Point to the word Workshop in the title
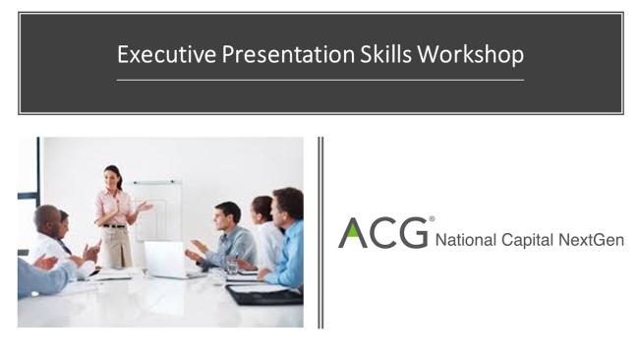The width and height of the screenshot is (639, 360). [x=470, y=54]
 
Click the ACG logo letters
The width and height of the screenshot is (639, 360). [x=383, y=233]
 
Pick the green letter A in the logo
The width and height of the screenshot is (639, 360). [x=353, y=233]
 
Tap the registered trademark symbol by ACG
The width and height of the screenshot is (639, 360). [x=432, y=219]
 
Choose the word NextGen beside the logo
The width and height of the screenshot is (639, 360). [x=594, y=239]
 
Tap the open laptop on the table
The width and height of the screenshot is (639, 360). [x=164, y=260]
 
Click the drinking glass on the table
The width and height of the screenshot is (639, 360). [x=232, y=264]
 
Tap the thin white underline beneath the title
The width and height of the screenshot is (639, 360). [x=319, y=80]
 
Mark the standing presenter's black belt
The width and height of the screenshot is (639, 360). [x=115, y=226]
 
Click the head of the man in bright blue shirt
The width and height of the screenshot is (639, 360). [x=287, y=205]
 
